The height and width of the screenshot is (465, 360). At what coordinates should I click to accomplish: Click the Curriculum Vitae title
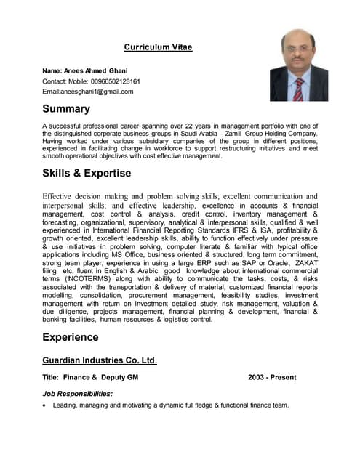pos(158,47)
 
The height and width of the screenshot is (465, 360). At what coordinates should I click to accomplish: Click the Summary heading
pos(66,109)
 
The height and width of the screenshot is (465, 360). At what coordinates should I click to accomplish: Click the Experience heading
pos(70,337)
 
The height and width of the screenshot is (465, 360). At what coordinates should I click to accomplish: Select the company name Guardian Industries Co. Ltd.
pos(100,360)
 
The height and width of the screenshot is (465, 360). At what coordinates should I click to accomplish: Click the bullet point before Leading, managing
pos(45,405)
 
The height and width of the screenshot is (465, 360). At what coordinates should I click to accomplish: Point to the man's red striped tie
pos(299,88)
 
